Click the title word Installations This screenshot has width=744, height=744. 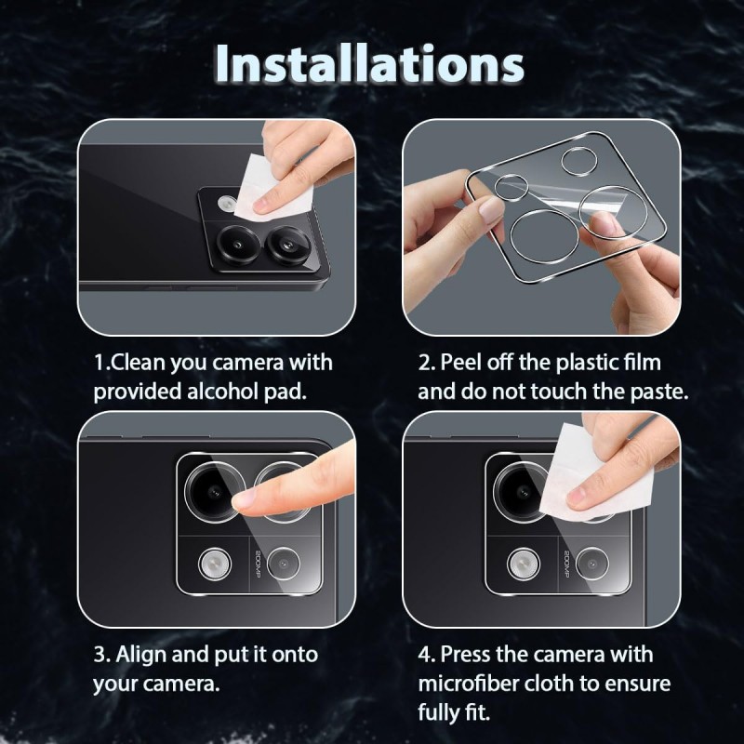point(369,65)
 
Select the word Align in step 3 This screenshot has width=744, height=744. point(141,655)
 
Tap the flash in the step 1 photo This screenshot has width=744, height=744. point(227,203)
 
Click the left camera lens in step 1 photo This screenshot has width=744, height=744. point(239,245)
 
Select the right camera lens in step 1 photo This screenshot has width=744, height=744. point(288,246)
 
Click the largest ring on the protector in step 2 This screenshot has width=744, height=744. point(545,236)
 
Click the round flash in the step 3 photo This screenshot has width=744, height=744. point(215,564)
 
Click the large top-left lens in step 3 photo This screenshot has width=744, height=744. point(215,492)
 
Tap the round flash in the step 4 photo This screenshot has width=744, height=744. point(523,564)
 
